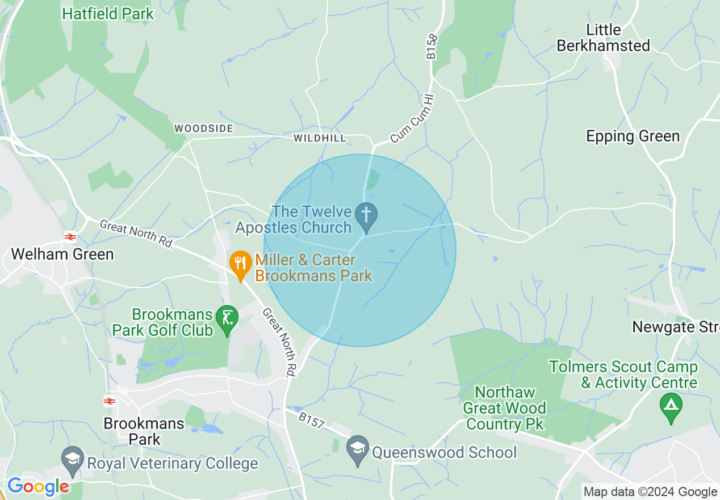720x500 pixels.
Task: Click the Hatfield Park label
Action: coord(108,14)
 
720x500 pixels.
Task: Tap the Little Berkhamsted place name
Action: coord(604,37)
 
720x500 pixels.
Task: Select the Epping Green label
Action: coord(633,136)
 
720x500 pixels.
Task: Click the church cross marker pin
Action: coord(366,216)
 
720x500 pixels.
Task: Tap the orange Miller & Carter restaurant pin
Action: coord(241,264)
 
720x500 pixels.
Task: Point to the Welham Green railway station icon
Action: coord(70,236)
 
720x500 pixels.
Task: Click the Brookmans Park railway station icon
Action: coord(110,401)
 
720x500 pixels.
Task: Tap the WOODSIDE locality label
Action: coord(203,128)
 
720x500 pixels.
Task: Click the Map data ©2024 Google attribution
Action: coord(650,492)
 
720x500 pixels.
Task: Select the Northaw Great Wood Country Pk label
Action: coord(504,408)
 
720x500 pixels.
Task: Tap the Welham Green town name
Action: coord(62,254)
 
